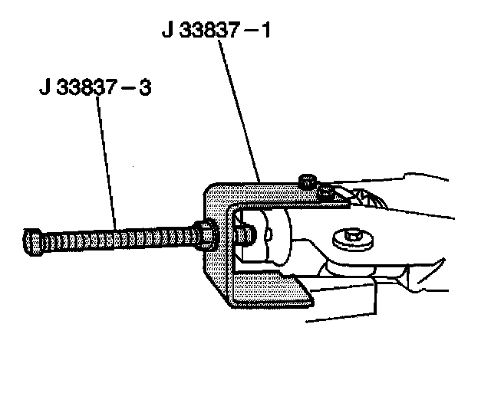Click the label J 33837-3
tap(95, 87)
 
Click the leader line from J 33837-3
tap(107, 161)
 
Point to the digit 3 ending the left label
tap(143, 87)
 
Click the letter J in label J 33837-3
tap(45, 87)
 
